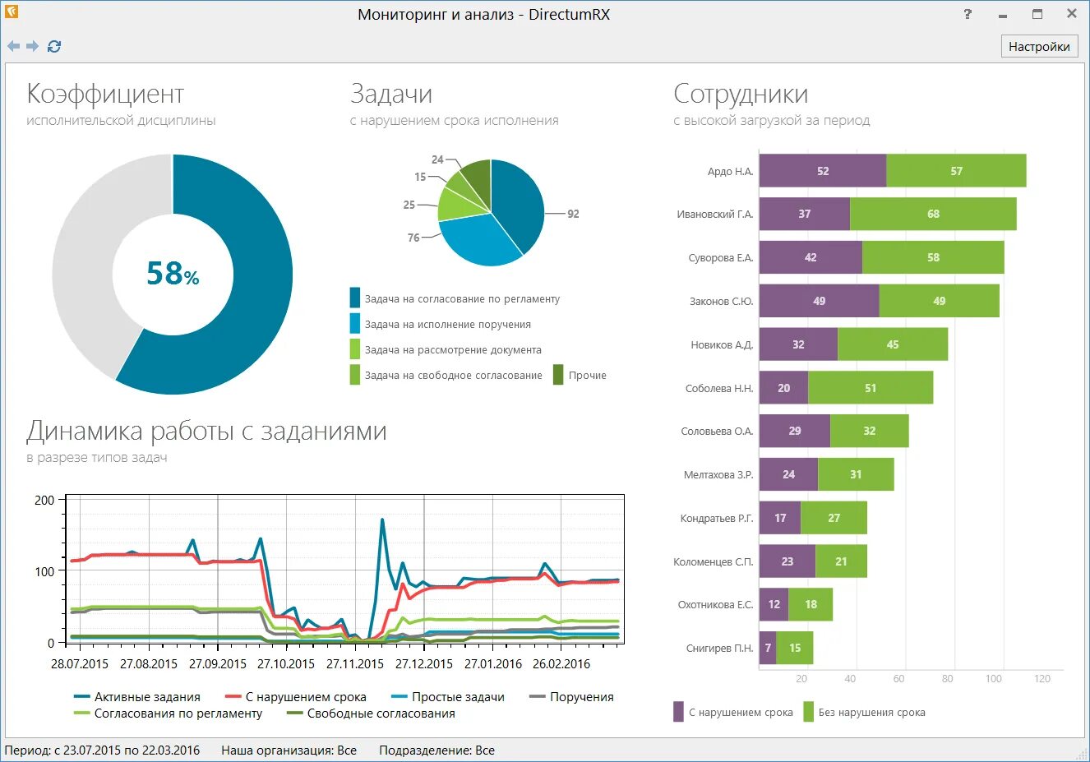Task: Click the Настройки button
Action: pos(1039,46)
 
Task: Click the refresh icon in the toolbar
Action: pos(54,47)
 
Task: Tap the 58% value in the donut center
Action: pos(173,273)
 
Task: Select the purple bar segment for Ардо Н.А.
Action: pos(822,171)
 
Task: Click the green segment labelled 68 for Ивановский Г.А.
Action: pos(933,214)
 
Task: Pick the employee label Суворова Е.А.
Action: pos(720,258)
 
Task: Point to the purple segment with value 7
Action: pos(768,648)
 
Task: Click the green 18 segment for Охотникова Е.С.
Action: pos(811,604)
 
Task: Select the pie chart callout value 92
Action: pos(573,214)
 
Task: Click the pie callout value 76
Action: pos(413,238)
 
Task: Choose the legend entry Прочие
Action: pos(587,376)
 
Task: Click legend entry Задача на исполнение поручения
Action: pos(447,325)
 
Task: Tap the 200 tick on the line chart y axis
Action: pos(44,500)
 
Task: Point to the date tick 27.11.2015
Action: pos(355,664)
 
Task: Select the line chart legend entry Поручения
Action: pos(581,697)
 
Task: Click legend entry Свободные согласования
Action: pos(381,714)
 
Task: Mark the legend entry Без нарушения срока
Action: pos(871,713)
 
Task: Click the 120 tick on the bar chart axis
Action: pos(1042,679)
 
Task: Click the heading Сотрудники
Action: pos(741,94)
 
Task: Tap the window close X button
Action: pos(1072,14)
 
